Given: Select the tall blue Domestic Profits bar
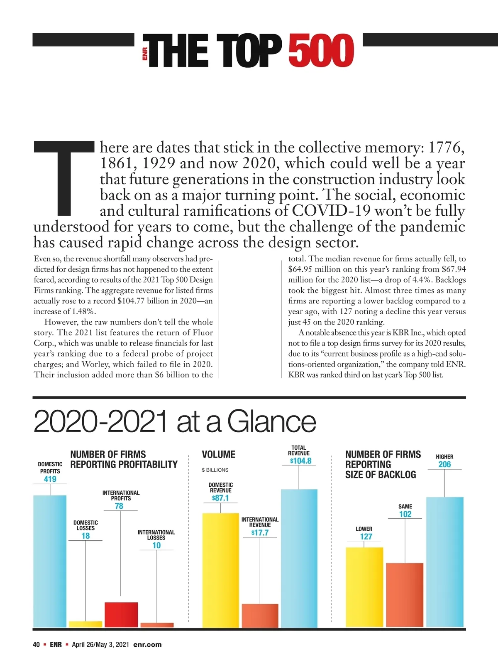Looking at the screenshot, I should [x=50, y=561].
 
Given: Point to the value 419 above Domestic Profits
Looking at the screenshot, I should [x=50, y=479].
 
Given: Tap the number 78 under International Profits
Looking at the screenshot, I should [x=119, y=506].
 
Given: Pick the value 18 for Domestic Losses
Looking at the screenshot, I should [x=85, y=536].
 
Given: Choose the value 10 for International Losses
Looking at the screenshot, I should [x=156, y=545].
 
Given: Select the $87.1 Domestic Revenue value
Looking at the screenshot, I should [x=220, y=498].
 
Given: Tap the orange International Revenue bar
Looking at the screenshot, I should [x=260, y=616].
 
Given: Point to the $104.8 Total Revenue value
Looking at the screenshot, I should [x=300, y=461].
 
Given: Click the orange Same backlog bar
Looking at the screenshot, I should [x=405, y=595].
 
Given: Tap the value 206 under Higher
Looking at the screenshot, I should [x=444, y=464].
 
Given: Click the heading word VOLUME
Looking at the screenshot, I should [x=218, y=454].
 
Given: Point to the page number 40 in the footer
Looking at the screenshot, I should [x=37, y=645].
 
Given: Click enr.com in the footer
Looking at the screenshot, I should [x=147, y=645].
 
